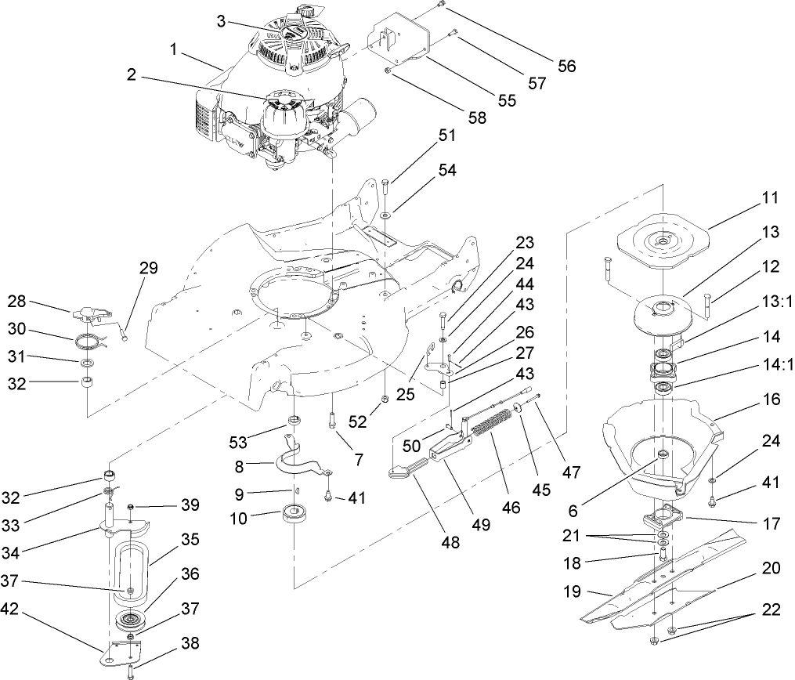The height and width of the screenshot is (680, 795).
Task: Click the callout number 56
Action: pos(566,66)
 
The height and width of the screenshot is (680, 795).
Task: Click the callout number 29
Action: pos(148,268)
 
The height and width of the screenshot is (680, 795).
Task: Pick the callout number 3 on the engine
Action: pos(222,22)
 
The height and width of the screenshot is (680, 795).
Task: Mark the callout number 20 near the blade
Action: pos(771,568)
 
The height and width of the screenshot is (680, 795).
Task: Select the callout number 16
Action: pos(771,400)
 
